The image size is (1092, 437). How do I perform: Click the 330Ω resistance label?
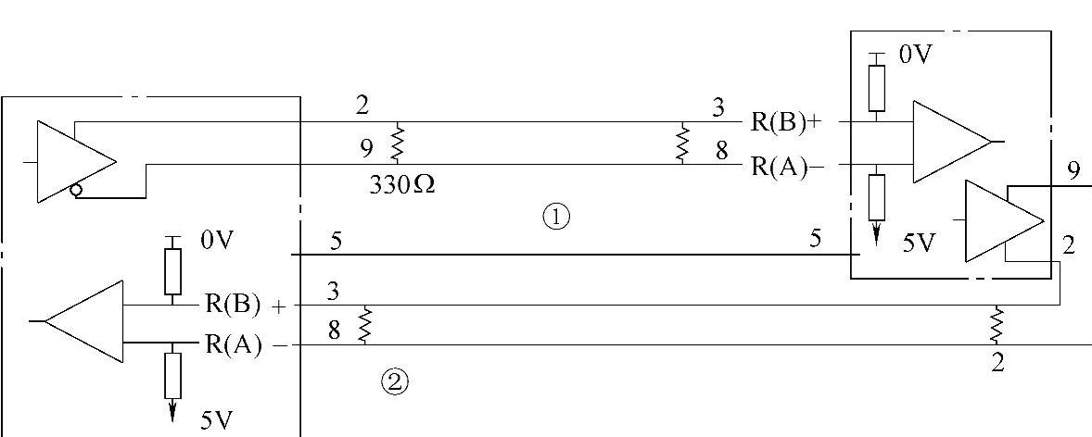(x=402, y=184)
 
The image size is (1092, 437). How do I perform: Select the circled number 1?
(x=555, y=217)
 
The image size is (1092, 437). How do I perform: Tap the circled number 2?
(x=395, y=381)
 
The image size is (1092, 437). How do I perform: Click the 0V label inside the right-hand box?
(x=914, y=56)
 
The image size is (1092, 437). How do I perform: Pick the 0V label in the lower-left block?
(x=217, y=241)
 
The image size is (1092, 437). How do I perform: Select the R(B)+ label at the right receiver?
(x=786, y=121)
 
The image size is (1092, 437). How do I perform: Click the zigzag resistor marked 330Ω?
(x=398, y=143)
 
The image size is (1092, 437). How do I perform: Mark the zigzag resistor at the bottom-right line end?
(x=997, y=325)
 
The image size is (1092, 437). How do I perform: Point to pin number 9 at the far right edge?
(x=1073, y=169)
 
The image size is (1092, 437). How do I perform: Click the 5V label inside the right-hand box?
(x=918, y=243)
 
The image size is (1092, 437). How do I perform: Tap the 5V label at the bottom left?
(x=218, y=421)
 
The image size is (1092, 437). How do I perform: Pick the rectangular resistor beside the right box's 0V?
(x=876, y=84)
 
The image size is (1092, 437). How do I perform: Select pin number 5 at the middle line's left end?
(x=336, y=242)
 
